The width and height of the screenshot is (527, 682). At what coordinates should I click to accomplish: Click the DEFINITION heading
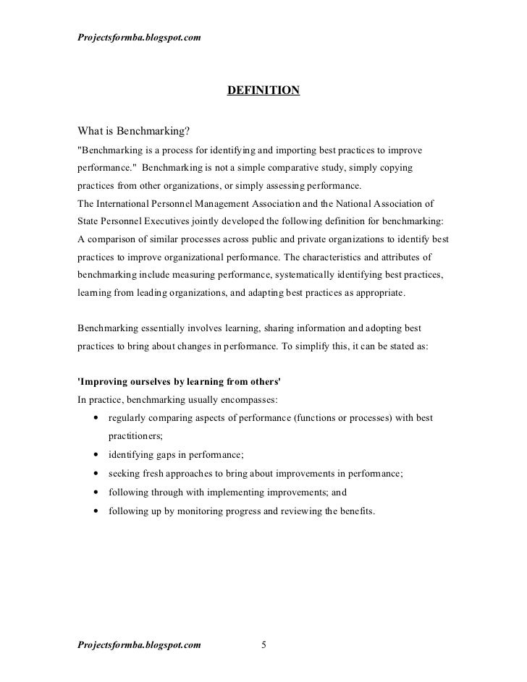click(x=263, y=90)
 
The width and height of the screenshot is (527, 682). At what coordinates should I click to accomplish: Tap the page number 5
click(x=263, y=645)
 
